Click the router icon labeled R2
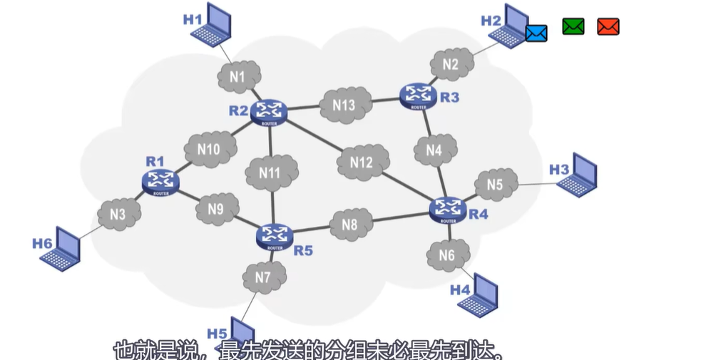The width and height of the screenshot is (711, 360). pos(270,110)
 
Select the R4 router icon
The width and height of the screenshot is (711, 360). pos(449,208)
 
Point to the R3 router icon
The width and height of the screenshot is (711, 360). pos(418,96)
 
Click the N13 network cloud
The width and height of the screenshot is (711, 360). pos(344,105)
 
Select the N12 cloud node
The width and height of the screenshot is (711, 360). pos(362,163)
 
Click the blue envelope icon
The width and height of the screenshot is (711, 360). pos(536,33)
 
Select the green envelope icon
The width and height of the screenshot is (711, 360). pos(573,27)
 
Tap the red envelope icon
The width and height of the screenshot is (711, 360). pos(608,27)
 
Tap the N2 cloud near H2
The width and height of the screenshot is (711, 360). pos(451,64)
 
